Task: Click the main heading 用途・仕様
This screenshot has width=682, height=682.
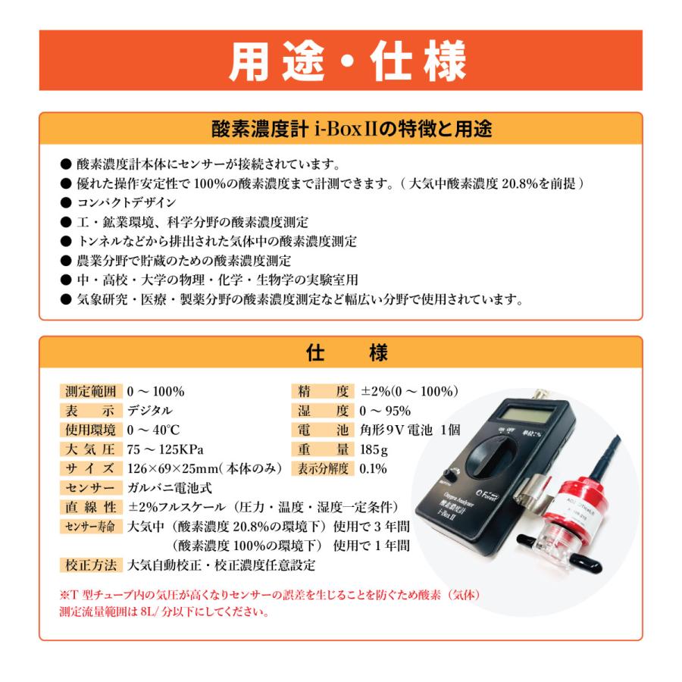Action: pyautogui.click(x=340, y=61)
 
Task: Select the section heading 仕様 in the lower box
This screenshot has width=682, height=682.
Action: pyautogui.click(x=340, y=352)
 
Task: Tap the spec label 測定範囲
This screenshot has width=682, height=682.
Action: pyautogui.click(x=89, y=392)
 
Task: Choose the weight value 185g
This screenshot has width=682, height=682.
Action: pyautogui.click(x=374, y=449)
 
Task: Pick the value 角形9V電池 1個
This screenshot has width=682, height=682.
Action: pyautogui.click(x=410, y=430)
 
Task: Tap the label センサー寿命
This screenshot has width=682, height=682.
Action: pyautogui.click(x=89, y=527)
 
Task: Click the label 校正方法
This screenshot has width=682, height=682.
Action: pyautogui.click(x=89, y=565)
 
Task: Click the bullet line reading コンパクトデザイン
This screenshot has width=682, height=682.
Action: pyautogui.click(x=126, y=202)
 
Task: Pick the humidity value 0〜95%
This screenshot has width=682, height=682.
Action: pyautogui.click(x=385, y=411)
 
